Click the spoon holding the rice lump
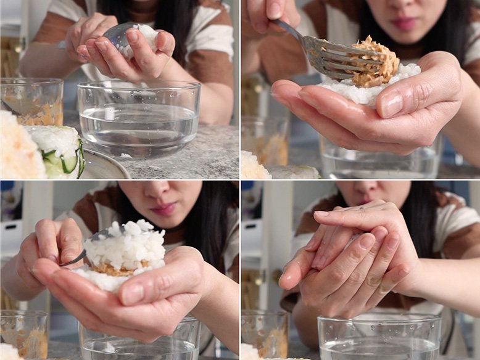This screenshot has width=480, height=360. pyautogui.click(x=117, y=37)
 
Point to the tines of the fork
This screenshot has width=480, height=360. pyautogui.click(x=333, y=62)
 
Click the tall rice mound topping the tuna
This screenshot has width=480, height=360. pyautogui.click(x=126, y=243)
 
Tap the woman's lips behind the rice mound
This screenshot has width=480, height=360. pyautogui.click(x=165, y=209)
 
